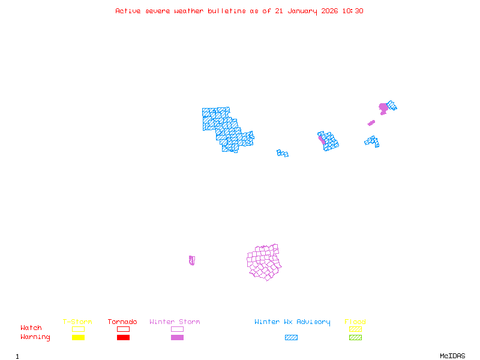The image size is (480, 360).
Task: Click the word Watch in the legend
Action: tap(31, 328)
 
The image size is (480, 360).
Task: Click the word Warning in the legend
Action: tap(35, 337)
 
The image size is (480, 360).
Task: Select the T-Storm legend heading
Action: tap(77, 322)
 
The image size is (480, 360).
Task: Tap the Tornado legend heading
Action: tap(122, 322)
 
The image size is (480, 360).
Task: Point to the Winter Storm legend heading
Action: tap(175, 322)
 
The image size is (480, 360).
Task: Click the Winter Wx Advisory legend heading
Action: tap(292, 322)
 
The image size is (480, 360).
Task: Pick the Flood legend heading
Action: tap(355, 322)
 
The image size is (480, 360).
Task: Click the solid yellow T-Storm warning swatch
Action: tap(78, 338)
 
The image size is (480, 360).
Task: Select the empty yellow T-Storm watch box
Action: tap(78, 329)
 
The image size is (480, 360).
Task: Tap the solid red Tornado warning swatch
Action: tap(123, 338)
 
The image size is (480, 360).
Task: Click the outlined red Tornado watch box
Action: tap(123, 329)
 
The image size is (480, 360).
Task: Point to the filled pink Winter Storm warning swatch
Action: tap(177, 338)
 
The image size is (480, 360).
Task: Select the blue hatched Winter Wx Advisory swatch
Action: tap(291, 338)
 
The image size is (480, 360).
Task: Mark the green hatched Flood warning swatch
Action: tap(355, 338)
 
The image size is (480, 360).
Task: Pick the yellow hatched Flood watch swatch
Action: tap(355, 329)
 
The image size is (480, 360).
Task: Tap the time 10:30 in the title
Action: tap(353, 11)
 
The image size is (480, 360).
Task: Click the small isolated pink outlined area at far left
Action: tap(191, 260)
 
